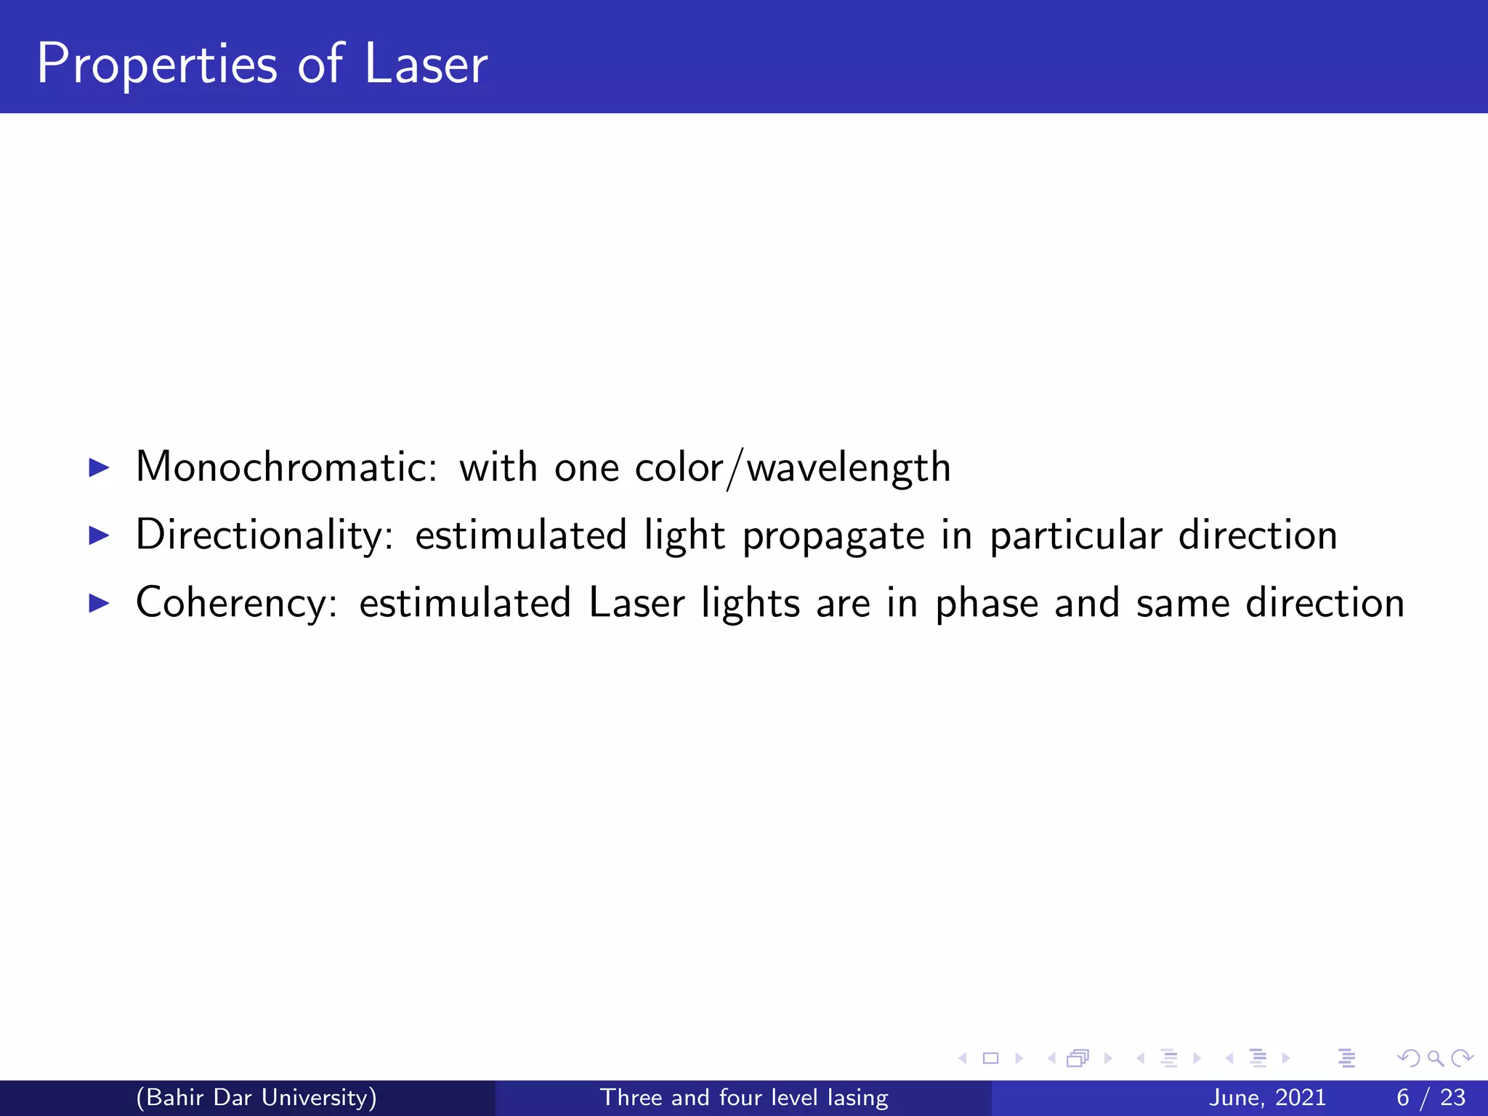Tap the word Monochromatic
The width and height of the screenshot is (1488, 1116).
pos(286,466)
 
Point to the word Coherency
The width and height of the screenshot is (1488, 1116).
pos(237,603)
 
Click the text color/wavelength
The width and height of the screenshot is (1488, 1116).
pos(793,468)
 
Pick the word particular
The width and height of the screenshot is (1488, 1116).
pos(1076,535)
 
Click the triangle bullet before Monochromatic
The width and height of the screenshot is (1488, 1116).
pos(98,467)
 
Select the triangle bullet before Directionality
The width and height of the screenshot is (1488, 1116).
pos(98,535)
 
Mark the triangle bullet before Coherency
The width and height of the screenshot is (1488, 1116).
pos(98,603)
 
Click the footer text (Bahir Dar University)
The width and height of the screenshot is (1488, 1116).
pos(256,1097)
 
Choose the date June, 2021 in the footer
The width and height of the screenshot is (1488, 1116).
pos(1267,1098)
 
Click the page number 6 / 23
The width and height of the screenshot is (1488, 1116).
pos(1431,1098)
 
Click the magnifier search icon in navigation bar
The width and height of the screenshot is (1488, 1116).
pos(1435,1059)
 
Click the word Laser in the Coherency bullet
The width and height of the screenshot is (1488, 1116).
pos(636,603)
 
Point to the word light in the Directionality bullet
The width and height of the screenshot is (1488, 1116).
pos(684,535)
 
